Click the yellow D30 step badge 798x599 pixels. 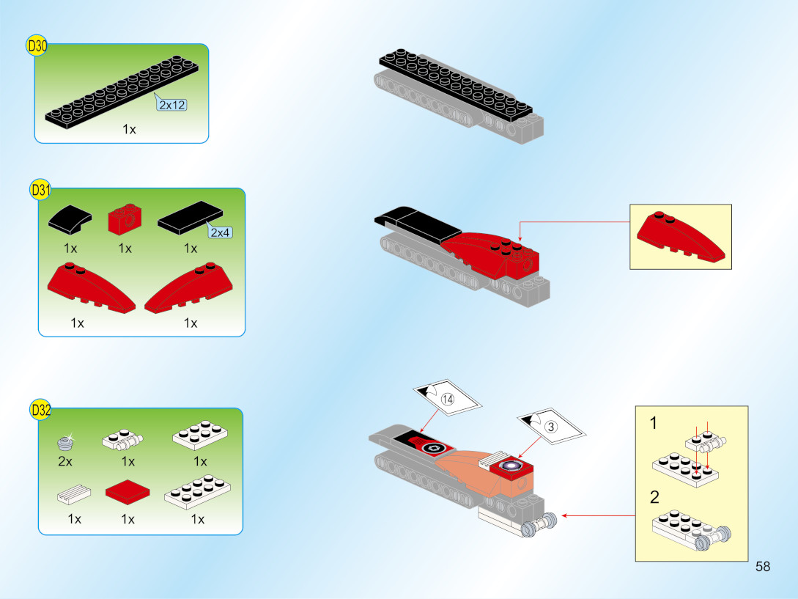pos(37,46)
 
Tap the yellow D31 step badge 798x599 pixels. pos(40,190)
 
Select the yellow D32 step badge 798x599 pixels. pos(40,410)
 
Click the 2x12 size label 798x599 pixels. pos(172,105)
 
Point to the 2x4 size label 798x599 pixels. pos(220,232)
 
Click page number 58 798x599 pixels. pos(763,567)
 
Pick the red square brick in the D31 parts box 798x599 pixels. pos(125,219)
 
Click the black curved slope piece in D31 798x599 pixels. pos(70,219)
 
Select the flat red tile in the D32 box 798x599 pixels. pos(128,491)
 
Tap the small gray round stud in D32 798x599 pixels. pos(66,443)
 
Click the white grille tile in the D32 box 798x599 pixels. pos(74,493)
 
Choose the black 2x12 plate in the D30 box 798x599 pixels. pos(122,92)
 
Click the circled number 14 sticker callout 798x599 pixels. pos(447,399)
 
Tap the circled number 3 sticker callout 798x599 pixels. pos(551,426)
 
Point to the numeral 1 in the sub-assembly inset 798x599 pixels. pos(654,423)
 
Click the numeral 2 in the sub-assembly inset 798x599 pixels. pos(654,496)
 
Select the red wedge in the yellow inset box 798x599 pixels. pos(681,237)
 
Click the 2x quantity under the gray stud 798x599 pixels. pos(65,461)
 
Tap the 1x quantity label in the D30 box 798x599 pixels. pos(129,129)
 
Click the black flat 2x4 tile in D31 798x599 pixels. pos(191,218)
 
